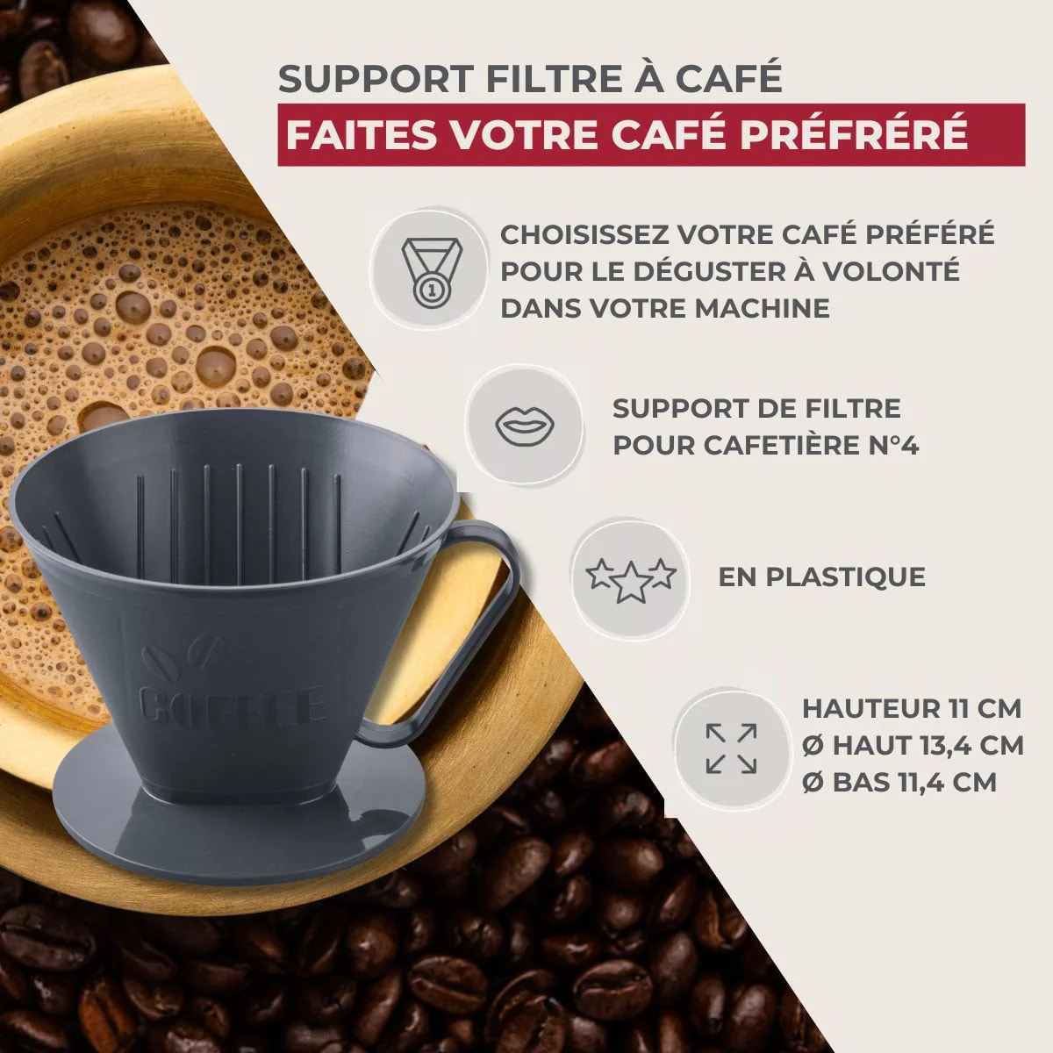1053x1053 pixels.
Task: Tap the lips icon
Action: coord(525,426)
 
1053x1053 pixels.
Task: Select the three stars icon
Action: coord(631,578)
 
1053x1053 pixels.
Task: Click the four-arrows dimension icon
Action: coord(731,748)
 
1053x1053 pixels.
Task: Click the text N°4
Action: coord(886,446)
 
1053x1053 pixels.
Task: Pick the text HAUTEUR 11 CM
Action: coord(912,708)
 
